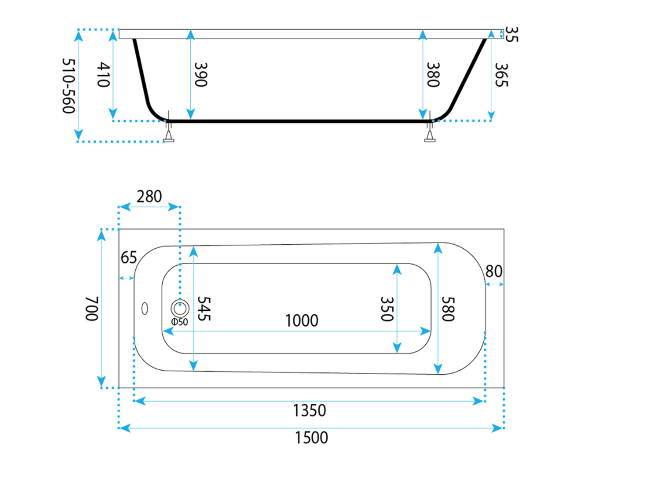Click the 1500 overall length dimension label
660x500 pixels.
click(x=311, y=438)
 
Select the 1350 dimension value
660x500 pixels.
click(x=309, y=410)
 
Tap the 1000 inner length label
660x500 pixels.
click(x=302, y=321)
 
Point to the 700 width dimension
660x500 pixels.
click(x=92, y=309)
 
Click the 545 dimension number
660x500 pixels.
click(x=204, y=309)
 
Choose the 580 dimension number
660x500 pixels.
click(x=448, y=309)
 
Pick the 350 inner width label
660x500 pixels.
click(x=387, y=309)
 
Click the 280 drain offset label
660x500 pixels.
click(x=149, y=197)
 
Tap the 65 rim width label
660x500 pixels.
click(x=129, y=258)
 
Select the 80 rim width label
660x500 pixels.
click(x=494, y=272)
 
